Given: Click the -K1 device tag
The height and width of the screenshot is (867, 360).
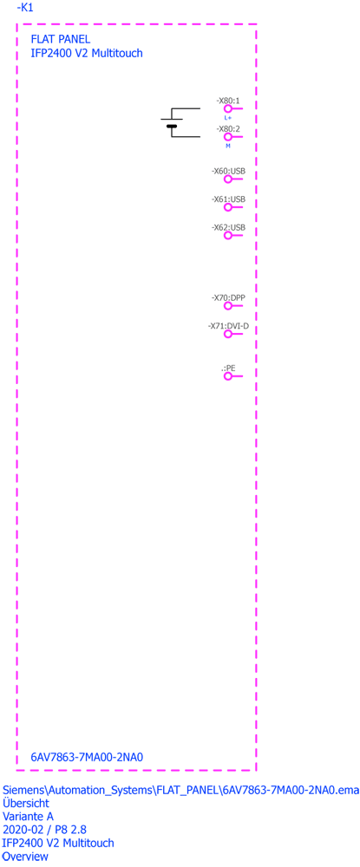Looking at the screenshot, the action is pyautogui.click(x=25, y=8).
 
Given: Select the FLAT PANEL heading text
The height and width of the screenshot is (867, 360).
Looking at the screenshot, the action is pyautogui.click(x=60, y=39).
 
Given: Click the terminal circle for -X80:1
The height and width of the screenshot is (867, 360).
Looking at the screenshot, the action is pyautogui.click(x=227, y=109).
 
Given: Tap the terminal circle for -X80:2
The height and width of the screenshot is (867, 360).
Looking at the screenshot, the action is pyautogui.click(x=227, y=137).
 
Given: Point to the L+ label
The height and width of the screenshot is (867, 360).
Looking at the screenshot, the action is pyautogui.click(x=228, y=118).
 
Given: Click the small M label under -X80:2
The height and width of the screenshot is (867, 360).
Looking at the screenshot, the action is pyautogui.click(x=227, y=146).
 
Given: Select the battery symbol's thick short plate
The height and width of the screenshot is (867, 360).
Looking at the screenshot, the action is pyautogui.click(x=172, y=127).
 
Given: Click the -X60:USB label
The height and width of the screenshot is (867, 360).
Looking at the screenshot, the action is pyautogui.click(x=228, y=171).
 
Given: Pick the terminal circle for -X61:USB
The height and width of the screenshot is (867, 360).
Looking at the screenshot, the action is pyautogui.click(x=227, y=207).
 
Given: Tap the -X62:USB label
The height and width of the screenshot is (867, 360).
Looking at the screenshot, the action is pyautogui.click(x=228, y=227).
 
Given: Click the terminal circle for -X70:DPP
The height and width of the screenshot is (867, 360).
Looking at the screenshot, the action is pyautogui.click(x=227, y=306).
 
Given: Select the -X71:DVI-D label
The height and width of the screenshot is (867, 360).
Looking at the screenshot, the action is pyautogui.click(x=228, y=326).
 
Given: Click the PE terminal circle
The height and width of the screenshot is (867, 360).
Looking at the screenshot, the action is pyautogui.click(x=227, y=376).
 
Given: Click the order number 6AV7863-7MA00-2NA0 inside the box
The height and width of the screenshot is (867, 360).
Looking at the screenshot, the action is pyautogui.click(x=88, y=757).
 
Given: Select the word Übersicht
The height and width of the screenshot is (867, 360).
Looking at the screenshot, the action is pyautogui.click(x=26, y=802).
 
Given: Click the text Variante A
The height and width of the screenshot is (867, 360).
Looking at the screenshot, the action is pyautogui.click(x=28, y=816).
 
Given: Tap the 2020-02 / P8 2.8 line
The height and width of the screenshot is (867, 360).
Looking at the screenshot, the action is pyautogui.click(x=44, y=830).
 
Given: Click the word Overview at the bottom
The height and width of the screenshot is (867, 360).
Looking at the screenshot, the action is pyautogui.click(x=25, y=857).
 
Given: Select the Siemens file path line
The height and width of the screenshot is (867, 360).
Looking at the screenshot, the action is pyautogui.click(x=180, y=790).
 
